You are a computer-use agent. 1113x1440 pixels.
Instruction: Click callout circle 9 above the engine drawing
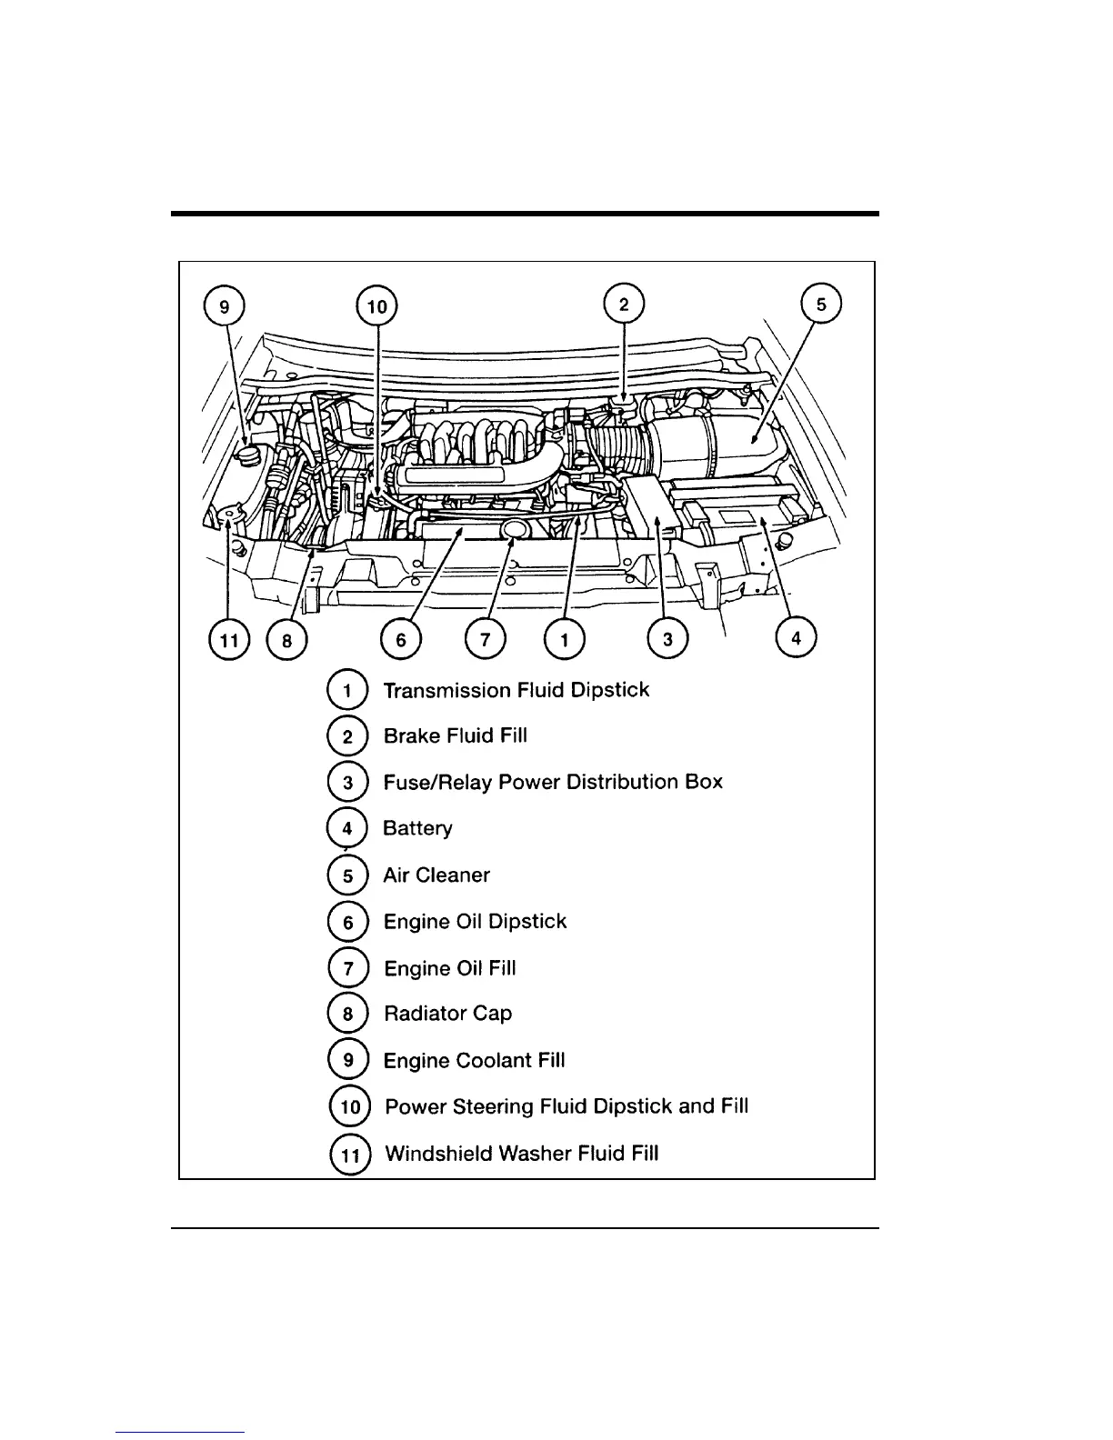(225, 306)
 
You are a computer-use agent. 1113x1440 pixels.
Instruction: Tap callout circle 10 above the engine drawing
(376, 306)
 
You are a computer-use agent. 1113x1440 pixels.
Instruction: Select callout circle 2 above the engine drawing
(624, 305)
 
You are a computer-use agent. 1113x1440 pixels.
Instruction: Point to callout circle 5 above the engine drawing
(821, 305)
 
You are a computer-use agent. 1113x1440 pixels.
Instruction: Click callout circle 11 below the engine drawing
(229, 640)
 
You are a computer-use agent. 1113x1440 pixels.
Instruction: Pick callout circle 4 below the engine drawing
(797, 637)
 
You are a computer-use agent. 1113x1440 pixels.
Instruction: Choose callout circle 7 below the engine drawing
(485, 640)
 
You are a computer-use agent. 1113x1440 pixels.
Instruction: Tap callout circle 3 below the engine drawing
(668, 639)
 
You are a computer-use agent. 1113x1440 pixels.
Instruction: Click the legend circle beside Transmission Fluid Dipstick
(347, 690)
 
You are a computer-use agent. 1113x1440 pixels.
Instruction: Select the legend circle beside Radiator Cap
(347, 1014)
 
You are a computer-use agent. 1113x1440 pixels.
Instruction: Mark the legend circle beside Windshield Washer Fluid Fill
(349, 1155)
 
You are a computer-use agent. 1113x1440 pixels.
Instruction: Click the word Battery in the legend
(417, 828)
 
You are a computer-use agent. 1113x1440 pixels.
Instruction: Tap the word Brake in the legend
(412, 735)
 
